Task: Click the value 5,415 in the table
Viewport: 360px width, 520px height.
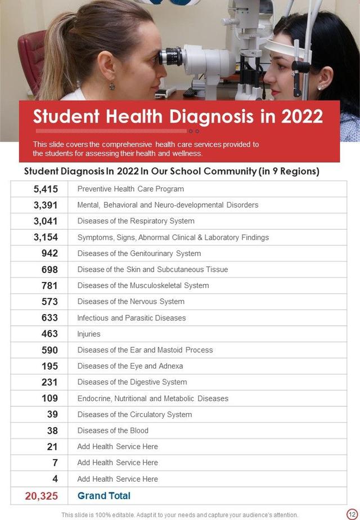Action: [x=46, y=189]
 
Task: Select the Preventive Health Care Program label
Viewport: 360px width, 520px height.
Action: [x=130, y=189]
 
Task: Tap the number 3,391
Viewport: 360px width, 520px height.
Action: [x=46, y=205]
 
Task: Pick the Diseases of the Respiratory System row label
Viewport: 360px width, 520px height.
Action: [x=136, y=221]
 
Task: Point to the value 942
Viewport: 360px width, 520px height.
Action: [x=49, y=253]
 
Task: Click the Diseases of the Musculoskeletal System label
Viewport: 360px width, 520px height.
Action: [x=143, y=285]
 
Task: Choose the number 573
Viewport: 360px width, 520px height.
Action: [x=49, y=302]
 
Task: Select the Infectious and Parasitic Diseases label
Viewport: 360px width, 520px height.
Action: [x=131, y=318]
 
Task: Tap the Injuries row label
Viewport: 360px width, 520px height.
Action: [x=89, y=334]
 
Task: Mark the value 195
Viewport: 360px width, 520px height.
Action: [x=49, y=366]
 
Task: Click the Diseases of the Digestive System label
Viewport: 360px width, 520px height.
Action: [x=132, y=382]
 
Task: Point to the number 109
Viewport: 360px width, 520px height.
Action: [x=49, y=398]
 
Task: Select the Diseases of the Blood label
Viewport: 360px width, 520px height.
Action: [x=112, y=431]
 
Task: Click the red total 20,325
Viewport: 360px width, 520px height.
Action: [x=42, y=496]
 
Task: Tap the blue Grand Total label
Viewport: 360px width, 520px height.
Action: [x=103, y=496]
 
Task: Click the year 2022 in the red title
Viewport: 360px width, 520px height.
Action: [x=302, y=116]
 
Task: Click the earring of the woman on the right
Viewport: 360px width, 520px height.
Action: [x=319, y=87]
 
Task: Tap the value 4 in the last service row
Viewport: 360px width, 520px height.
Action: [x=55, y=479]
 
